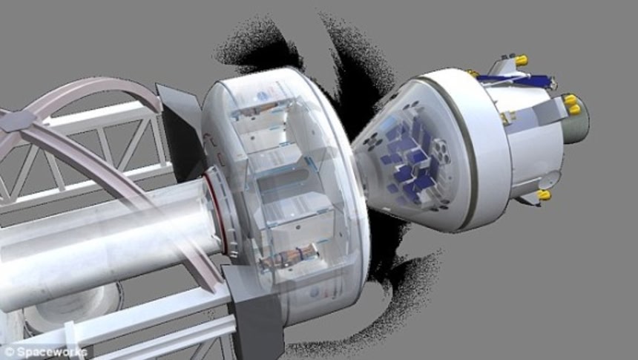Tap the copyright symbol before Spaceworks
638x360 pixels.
9,352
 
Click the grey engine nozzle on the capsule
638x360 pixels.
577,119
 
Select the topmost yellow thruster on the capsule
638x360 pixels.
521,60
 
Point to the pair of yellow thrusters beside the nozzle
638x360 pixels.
571,104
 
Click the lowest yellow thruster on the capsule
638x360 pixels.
544,195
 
